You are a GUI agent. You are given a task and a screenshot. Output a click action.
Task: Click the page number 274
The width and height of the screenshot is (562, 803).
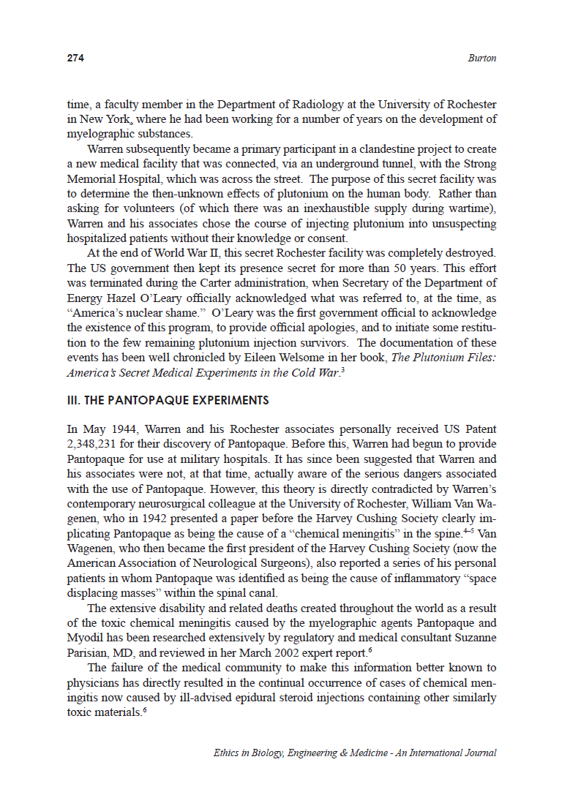75,59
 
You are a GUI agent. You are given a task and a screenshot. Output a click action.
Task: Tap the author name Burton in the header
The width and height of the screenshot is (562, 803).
482,59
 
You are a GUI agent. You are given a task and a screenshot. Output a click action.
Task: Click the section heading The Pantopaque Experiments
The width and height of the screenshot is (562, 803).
168,401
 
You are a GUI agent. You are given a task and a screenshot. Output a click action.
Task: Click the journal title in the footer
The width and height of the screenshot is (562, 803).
355,753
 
